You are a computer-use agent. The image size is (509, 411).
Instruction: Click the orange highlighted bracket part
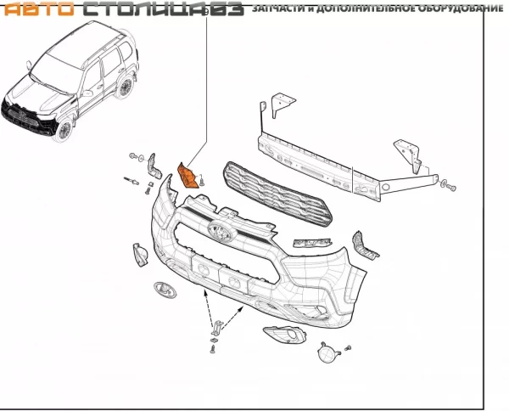pos(187,176)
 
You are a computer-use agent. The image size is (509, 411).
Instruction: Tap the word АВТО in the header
pos(39,8)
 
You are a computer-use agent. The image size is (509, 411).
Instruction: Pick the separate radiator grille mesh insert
pos(277,194)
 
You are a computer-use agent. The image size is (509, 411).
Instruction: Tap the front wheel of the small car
pos(64,129)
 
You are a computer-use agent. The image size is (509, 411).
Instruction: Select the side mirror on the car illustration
pos(87,93)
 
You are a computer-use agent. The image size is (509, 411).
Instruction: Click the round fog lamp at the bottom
pos(327,353)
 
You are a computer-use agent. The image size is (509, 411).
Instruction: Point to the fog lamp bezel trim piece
pos(284,335)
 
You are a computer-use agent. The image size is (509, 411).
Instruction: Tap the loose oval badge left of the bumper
pos(165,290)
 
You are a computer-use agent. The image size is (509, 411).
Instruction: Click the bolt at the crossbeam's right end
pos(450,186)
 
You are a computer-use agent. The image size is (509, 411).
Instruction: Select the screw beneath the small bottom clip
pos(213,349)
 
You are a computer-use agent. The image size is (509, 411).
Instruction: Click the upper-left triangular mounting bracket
pos(282,103)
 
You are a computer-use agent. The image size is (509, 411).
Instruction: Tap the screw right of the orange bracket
pos(203,180)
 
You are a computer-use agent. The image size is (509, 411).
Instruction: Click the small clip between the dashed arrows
pos(217,328)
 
